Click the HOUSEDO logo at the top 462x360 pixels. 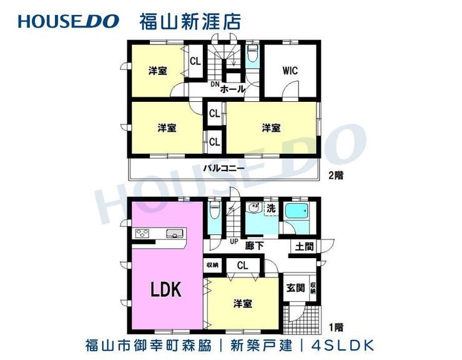(68, 21)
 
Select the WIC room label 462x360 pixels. (290, 71)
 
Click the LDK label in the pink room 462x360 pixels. (165, 289)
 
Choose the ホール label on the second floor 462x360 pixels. (232, 89)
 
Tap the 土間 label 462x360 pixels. (305, 247)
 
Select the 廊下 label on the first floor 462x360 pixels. (254, 246)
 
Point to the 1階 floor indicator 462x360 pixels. (335, 326)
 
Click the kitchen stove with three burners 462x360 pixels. (143, 234)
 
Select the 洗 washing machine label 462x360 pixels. (270, 208)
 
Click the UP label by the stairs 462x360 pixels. (235, 241)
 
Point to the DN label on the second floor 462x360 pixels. (214, 84)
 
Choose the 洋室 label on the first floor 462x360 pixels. (243, 304)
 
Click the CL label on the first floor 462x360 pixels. (242, 265)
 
